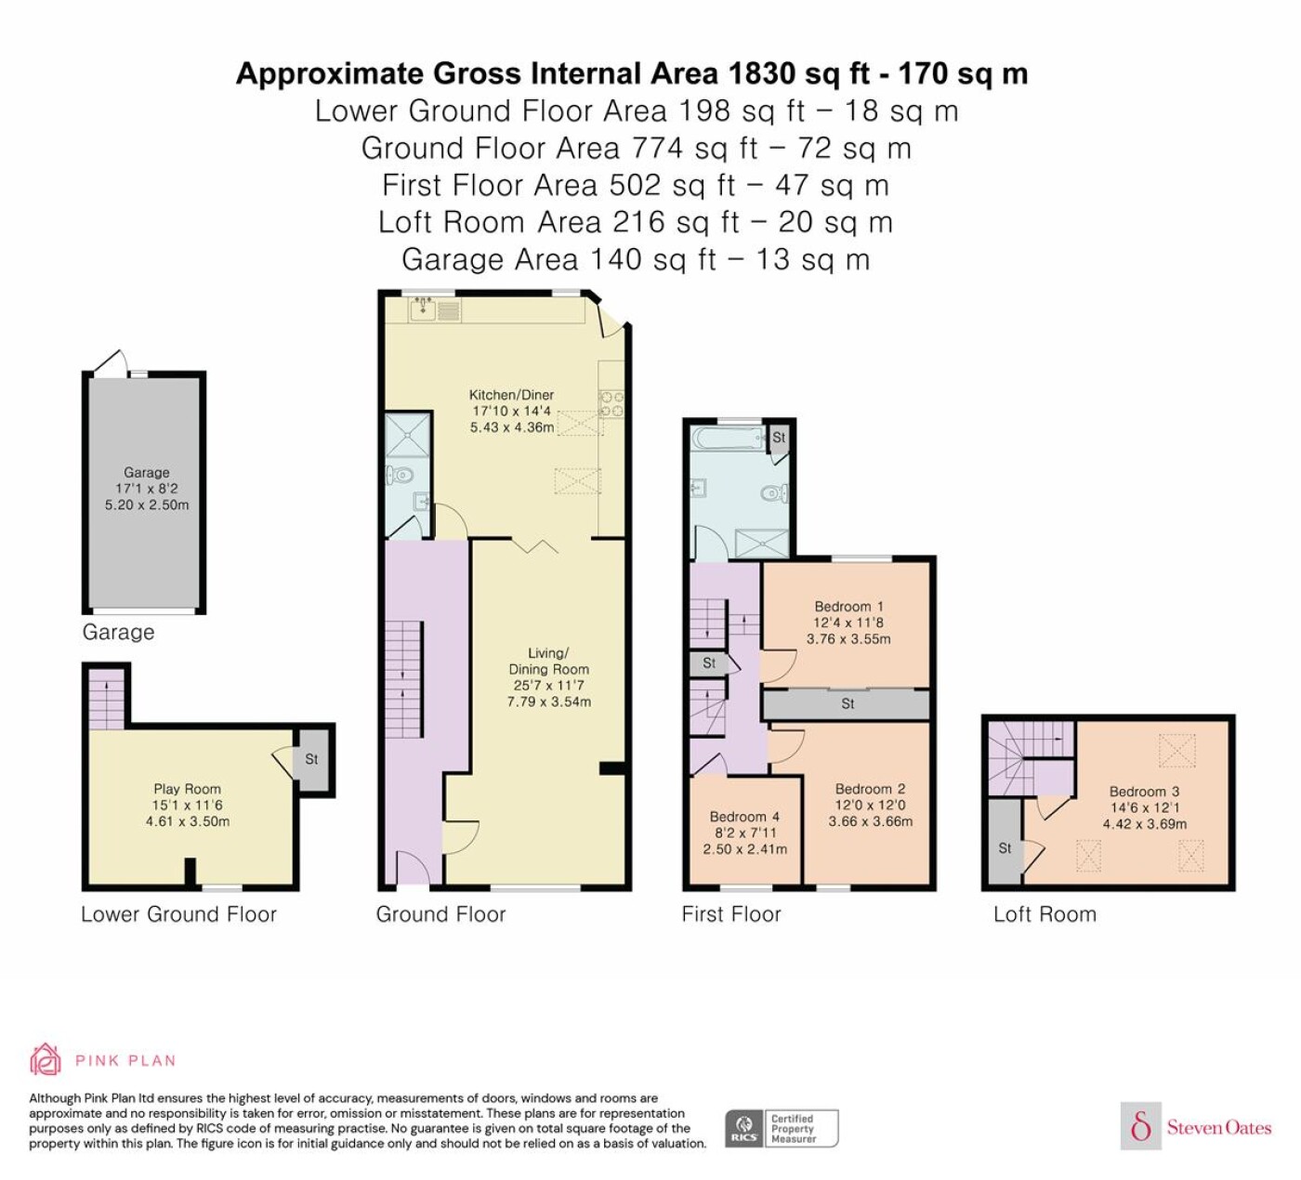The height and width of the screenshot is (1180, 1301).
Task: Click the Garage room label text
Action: [147, 472]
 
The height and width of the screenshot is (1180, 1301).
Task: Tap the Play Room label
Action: [188, 789]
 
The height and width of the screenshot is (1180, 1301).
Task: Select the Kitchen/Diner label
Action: [512, 394]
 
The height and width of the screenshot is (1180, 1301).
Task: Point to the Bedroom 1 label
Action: [848, 607]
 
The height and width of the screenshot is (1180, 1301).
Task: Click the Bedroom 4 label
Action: [744, 817]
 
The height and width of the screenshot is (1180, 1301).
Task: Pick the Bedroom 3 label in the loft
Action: [1144, 792]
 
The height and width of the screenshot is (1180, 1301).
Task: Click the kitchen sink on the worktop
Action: [423, 309]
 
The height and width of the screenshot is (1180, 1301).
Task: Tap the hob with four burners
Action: [611, 404]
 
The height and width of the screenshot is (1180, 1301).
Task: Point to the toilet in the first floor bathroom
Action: [775, 493]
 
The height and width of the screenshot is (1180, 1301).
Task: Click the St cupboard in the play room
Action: [311, 759]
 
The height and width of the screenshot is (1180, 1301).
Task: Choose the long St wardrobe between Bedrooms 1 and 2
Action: [847, 704]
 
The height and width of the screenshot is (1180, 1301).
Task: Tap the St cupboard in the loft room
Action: [1005, 842]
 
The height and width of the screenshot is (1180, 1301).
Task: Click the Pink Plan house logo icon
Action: [46, 1060]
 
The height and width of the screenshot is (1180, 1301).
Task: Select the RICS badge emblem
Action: [743, 1129]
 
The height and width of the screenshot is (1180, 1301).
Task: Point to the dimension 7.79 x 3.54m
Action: [548, 701]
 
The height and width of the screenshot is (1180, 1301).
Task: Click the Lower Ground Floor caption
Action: [178, 914]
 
